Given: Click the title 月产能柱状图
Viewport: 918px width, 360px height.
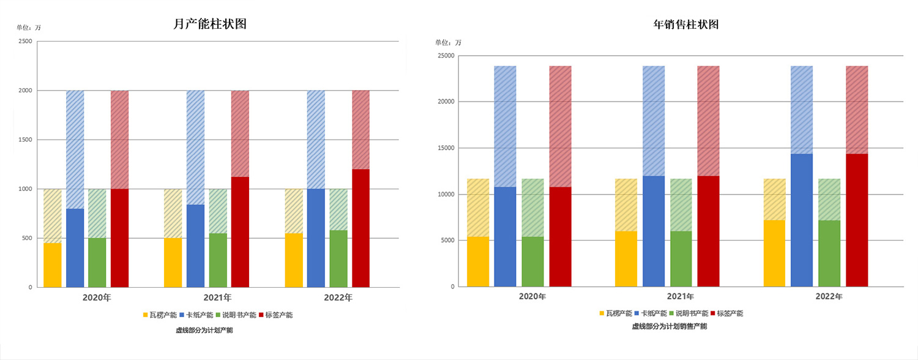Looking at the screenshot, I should coord(210,24).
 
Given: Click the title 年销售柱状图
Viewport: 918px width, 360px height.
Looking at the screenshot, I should coord(685,25).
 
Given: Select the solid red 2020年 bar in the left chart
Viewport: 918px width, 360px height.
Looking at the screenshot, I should coord(119,238).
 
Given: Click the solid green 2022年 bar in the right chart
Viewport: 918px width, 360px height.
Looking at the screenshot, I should coord(829,253).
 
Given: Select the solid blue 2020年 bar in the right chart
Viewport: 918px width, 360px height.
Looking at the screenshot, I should coord(505,236).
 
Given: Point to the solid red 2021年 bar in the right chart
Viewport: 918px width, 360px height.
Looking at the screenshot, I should coord(708,231).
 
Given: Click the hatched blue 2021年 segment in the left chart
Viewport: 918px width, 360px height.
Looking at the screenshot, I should coord(195,148).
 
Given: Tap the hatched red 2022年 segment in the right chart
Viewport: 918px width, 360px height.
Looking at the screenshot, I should coord(857,110).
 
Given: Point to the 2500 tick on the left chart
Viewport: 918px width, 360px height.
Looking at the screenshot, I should coord(25,42).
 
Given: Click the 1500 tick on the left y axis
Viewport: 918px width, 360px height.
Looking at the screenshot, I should coord(25,140).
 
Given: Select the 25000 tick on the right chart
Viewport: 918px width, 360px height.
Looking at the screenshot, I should coord(444,56).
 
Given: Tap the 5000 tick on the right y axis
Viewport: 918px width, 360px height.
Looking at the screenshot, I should coord(447,241).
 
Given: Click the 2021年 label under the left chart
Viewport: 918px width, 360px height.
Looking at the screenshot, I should coord(218,298).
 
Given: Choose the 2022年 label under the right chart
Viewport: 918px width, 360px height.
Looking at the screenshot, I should coord(829,296).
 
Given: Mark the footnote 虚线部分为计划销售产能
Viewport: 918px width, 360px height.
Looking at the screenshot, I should coord(669,326).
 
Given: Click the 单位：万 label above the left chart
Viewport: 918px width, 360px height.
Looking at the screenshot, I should coord(29,28).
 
